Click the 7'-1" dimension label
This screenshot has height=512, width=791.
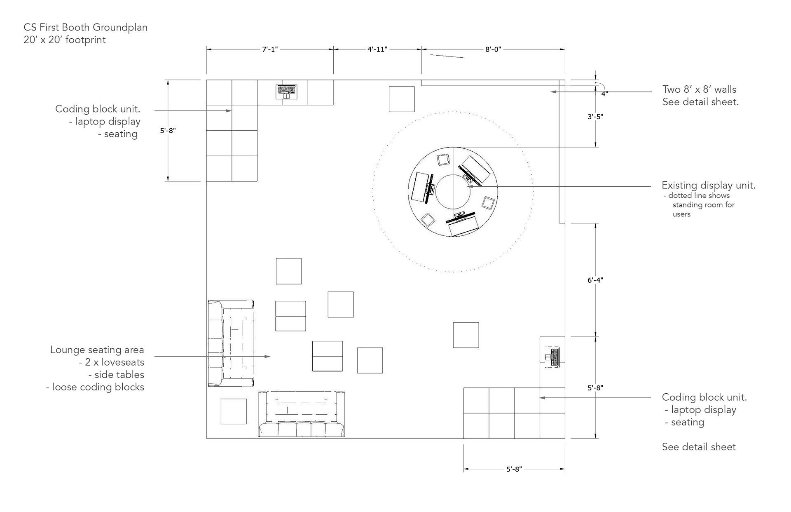point(270,49)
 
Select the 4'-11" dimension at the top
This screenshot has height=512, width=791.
point(377,49)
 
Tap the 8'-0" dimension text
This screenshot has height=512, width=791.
point(493,49)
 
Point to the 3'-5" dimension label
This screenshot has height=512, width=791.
point(595,117)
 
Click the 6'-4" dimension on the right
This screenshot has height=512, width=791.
point(595,280)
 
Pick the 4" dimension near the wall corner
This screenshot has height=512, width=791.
point(604,94)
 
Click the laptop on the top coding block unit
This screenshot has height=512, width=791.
point(286,92)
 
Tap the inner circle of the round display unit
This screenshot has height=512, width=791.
point(453,192)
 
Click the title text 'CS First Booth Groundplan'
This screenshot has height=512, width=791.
point(85,28)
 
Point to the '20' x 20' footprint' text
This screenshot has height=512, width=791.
point(65,40)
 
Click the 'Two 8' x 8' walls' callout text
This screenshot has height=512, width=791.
point(699,89)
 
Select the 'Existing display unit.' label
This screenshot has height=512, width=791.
point(709,186)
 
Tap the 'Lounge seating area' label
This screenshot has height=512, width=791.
point(97,350)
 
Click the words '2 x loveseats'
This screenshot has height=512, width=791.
point(111,362)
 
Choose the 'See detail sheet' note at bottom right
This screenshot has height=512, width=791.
point(699,447)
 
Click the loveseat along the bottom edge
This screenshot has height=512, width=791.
point(301,414)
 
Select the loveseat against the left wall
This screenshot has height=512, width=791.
point(230,343)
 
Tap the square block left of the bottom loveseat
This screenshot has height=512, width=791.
point(234,411)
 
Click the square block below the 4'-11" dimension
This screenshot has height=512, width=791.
point(402,99)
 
